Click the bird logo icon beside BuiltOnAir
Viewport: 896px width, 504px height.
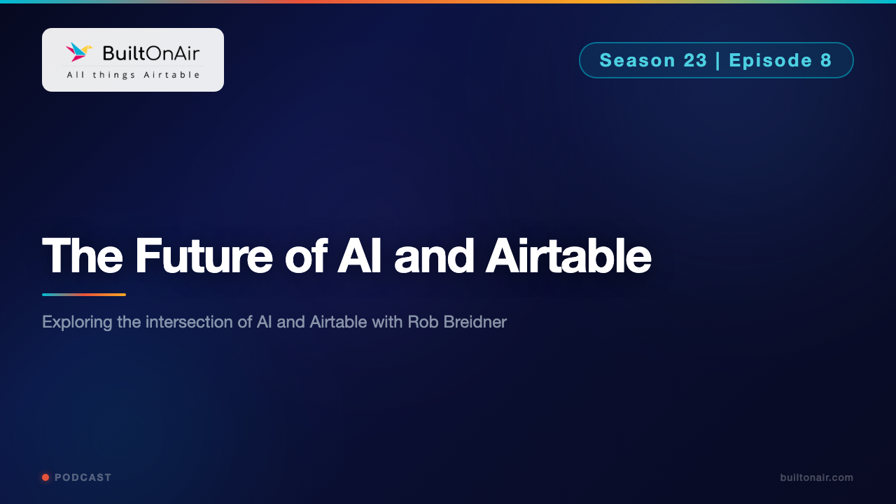click(79, 52)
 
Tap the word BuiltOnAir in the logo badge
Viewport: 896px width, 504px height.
click(150, 52)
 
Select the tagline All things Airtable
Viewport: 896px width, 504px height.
click(133, 74)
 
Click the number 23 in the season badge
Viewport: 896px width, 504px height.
click(695, 60)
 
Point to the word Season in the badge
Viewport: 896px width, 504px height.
click(636, 60)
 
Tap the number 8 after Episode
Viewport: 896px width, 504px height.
click(826, 60)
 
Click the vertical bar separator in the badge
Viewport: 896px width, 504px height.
click(718, 60)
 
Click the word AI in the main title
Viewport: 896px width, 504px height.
click(360, 256)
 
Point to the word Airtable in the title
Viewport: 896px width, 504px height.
click(568, 256)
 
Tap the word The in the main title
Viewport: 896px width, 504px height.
click(83, 256)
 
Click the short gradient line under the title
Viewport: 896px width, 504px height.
click(84, 295)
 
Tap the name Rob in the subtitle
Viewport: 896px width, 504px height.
click(422, 323)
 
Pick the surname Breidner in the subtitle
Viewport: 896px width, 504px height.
click(475, 323)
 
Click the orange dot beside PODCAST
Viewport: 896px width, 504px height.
click(45, 477)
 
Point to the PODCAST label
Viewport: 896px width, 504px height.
click(83, 477)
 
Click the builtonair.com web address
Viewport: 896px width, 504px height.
click(816, 477)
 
